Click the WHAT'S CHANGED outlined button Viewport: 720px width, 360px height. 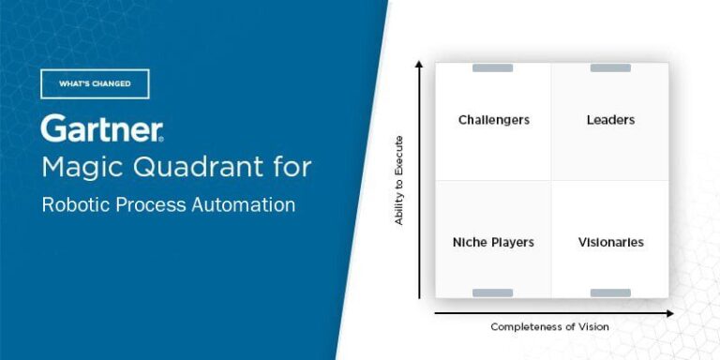95,84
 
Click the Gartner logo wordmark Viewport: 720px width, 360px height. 101,128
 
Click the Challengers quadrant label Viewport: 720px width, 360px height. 493,120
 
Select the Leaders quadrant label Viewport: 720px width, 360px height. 610,120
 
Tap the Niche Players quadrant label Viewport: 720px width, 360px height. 493,242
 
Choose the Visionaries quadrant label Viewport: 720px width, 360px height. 610,242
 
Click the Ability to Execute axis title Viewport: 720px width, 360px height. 398,180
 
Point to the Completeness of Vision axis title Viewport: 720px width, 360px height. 549,326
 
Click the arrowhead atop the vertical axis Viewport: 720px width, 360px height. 419,65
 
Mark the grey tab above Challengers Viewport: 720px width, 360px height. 493,67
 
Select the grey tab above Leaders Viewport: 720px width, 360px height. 610,67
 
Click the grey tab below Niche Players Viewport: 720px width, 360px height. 493,293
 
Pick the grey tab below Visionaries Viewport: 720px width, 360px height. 610,293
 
